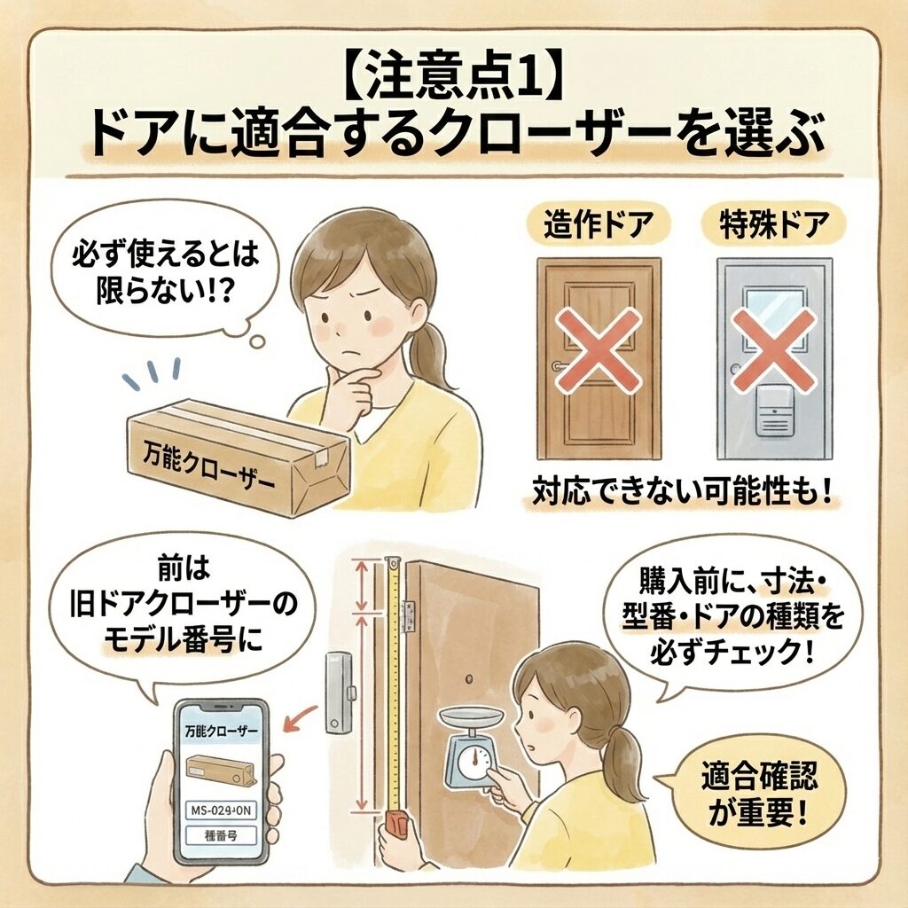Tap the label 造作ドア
[x=599, y=224]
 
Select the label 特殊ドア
[x=774, y=224]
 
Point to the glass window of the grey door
[x=773, y=316]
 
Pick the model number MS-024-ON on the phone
[x=221, y=810]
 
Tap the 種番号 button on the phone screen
[x=221, y=835]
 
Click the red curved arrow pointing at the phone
[x=301, y=718]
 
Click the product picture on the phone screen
[x=221, y=771]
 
